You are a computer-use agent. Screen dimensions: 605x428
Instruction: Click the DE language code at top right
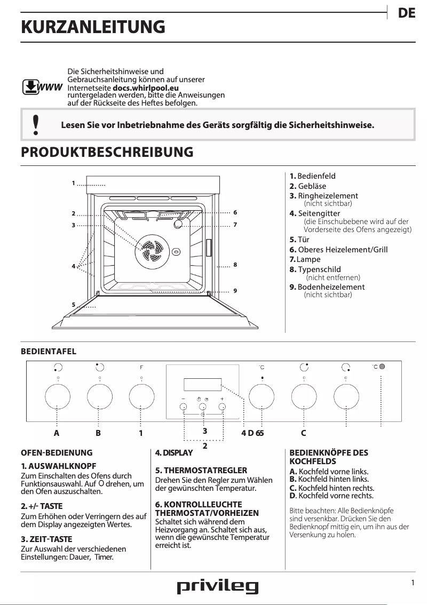[x=407, y=14]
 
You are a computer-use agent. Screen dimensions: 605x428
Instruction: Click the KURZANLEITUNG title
[x=92, y=27]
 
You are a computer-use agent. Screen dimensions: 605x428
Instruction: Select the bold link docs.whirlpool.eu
[x=146, y=87]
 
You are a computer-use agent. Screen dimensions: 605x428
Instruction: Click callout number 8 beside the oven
[x=235, y=265]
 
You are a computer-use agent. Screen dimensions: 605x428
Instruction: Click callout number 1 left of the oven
[x=74, y=183]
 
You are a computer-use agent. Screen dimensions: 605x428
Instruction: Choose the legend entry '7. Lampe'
[x=305, y=259]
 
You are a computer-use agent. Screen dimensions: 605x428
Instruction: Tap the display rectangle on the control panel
[x=202, y=384]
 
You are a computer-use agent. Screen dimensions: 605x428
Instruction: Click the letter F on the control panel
[x=141, y=367]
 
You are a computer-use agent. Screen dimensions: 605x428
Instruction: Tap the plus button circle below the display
[x=222, y=407]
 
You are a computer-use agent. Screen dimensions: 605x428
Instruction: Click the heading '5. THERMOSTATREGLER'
[x=201, y=470]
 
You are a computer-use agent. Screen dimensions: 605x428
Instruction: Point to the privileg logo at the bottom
[x=217, y=587]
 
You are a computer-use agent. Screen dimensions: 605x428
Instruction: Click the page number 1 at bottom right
[x=413, y=583]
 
